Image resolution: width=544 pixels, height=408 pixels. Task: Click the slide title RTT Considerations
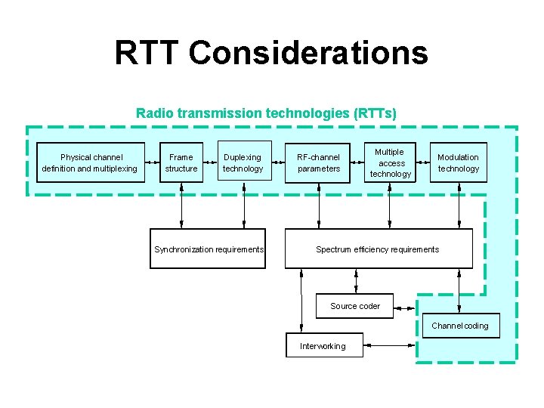pyautogui.click(x=271, y=54)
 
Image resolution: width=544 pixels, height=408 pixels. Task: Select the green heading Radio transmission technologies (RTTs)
pyautogui.click(x=266, y=113)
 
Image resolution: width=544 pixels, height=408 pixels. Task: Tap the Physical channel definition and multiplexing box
pyautogui.click(x=90, y=162)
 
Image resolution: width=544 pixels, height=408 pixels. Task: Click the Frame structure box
pyautogui.click(x=181, y=162)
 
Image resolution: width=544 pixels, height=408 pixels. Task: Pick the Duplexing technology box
pyautogui.click(x=243, y=162)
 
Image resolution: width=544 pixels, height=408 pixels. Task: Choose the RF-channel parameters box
pyautogui.click(x=319, y=162)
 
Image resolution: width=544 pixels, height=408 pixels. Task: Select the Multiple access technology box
pyautogui.click(x=391, y=162)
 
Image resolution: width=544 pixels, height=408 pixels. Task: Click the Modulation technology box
pyautogui.click(x=458, y=162)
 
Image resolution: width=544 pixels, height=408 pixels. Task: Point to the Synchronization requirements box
pyautogui.click(x=209, y=249)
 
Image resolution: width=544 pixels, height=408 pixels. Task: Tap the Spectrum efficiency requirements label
pyautogui.click(x=377, y=249)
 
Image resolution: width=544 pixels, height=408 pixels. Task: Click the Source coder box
pyautogui.click(x=354, y=306)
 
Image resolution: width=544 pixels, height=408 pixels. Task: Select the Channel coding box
pyautogui.click(x=459, y=326)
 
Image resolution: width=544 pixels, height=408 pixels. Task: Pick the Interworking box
pyautogui.click(x=323, y=346)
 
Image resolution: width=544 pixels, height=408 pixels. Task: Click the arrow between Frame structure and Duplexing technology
pyautogui.click(x=211, y=162)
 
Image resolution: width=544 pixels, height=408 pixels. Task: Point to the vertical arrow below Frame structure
pyautogui.click(x=181, y=205)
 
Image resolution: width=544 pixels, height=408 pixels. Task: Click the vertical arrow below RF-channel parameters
pyautogui.click(x=319, y=205)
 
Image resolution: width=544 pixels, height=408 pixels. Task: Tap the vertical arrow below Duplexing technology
pyautogui.click(x=243, y=205)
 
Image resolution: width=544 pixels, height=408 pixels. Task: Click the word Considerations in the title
pyautogui.click(x=308, y=54)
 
